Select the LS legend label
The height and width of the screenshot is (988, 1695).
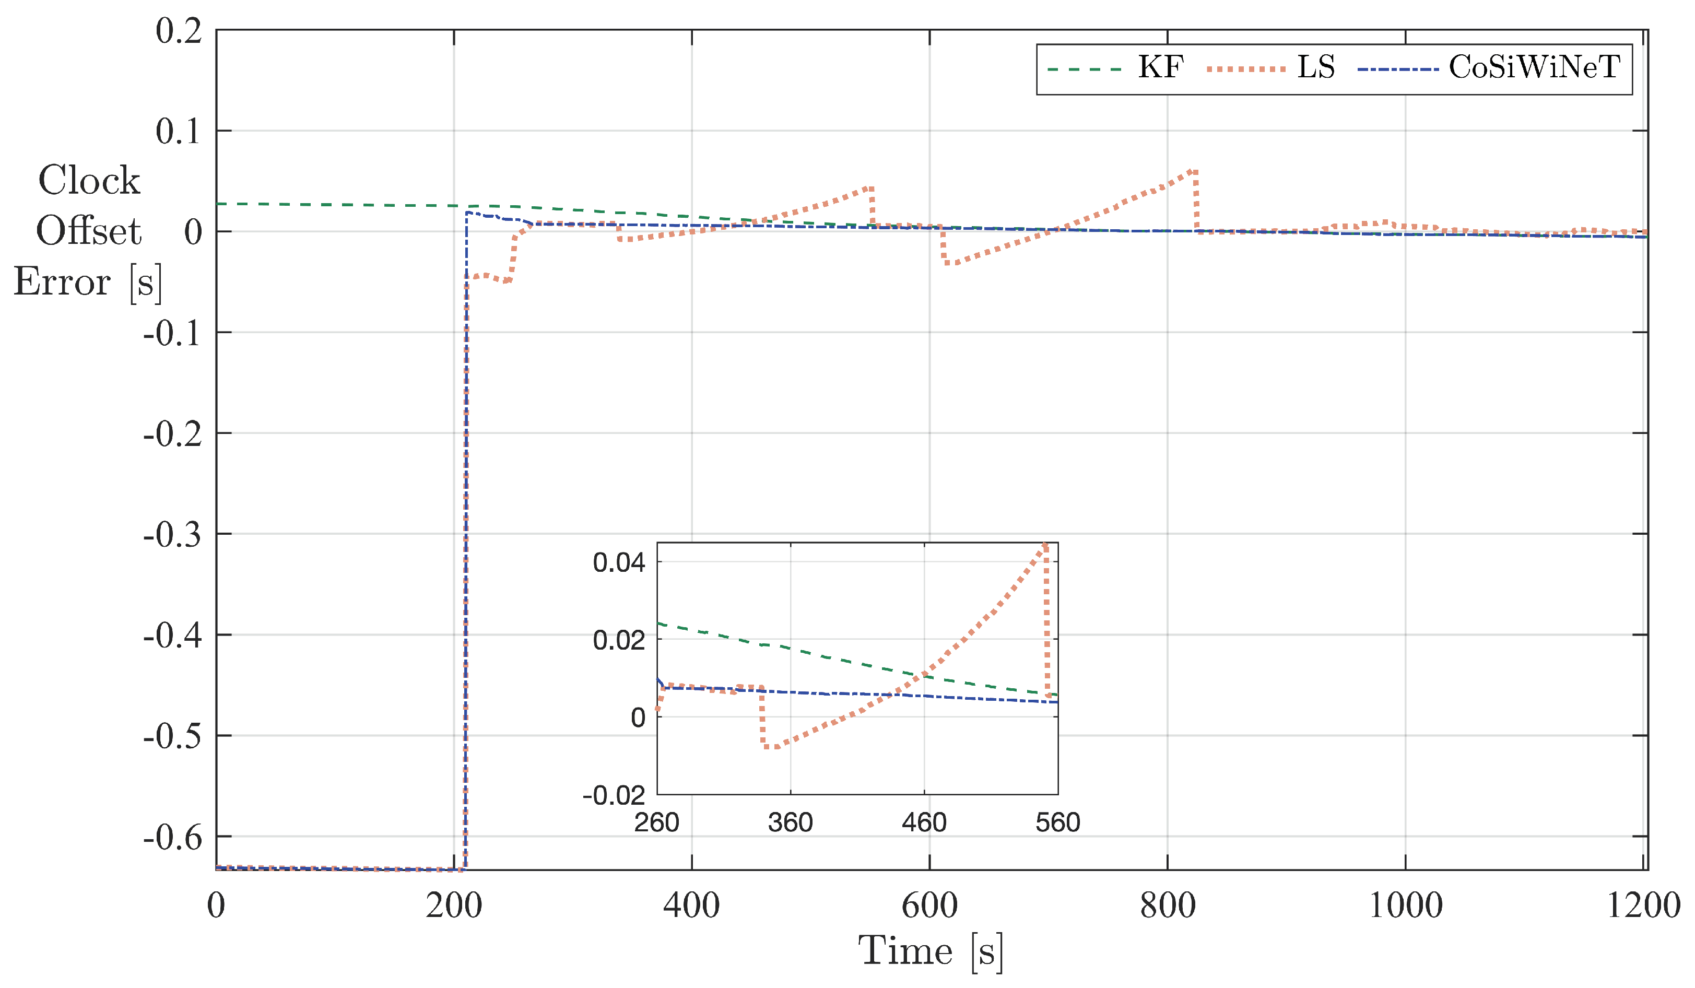click(1315, 67)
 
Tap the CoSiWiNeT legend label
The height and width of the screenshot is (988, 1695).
click(1534, 67)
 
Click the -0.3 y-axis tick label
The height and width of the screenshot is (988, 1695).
click(172, 535)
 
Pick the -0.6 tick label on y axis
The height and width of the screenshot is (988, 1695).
click(172, 837)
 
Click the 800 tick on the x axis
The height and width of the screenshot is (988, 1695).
click(1167, 905)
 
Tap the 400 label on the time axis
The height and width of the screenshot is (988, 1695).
click(691, 905)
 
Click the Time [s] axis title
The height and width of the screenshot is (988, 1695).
click(930, 951)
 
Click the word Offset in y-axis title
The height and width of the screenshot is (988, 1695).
click(88, 231)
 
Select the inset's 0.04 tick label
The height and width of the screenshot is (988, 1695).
click(618, 562)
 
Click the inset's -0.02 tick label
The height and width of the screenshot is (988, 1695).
click(614, 796)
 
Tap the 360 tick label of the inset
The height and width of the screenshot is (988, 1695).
click(791, 822)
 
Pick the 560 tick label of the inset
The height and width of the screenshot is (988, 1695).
click(1057, 822)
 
